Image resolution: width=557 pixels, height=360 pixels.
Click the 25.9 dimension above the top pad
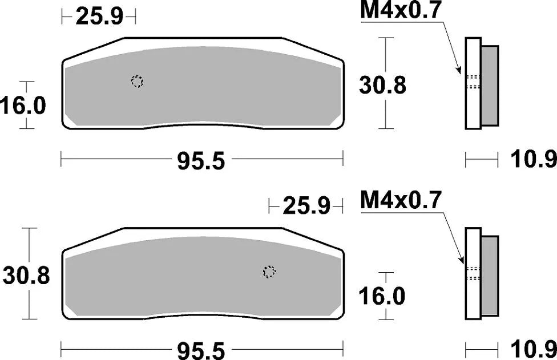click(x=99, y=17)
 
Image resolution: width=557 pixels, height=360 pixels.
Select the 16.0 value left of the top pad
click(x=23, y=106)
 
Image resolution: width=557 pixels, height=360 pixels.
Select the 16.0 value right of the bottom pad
click(x=382, y=296)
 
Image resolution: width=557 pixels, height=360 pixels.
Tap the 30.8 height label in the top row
click(x=382, y=85)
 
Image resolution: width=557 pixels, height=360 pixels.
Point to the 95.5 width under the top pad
click(x=202, y=161)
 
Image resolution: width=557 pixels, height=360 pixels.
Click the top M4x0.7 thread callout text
click(x=401, y=12)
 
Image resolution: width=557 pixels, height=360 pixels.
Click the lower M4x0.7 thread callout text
click(x=401, y=200)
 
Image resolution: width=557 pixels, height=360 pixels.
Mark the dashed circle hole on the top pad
click(x=137, y=82)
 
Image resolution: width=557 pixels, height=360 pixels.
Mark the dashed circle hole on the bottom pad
click(x=269, y=272)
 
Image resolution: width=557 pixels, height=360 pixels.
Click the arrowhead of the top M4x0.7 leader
click(x=460, y=72)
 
